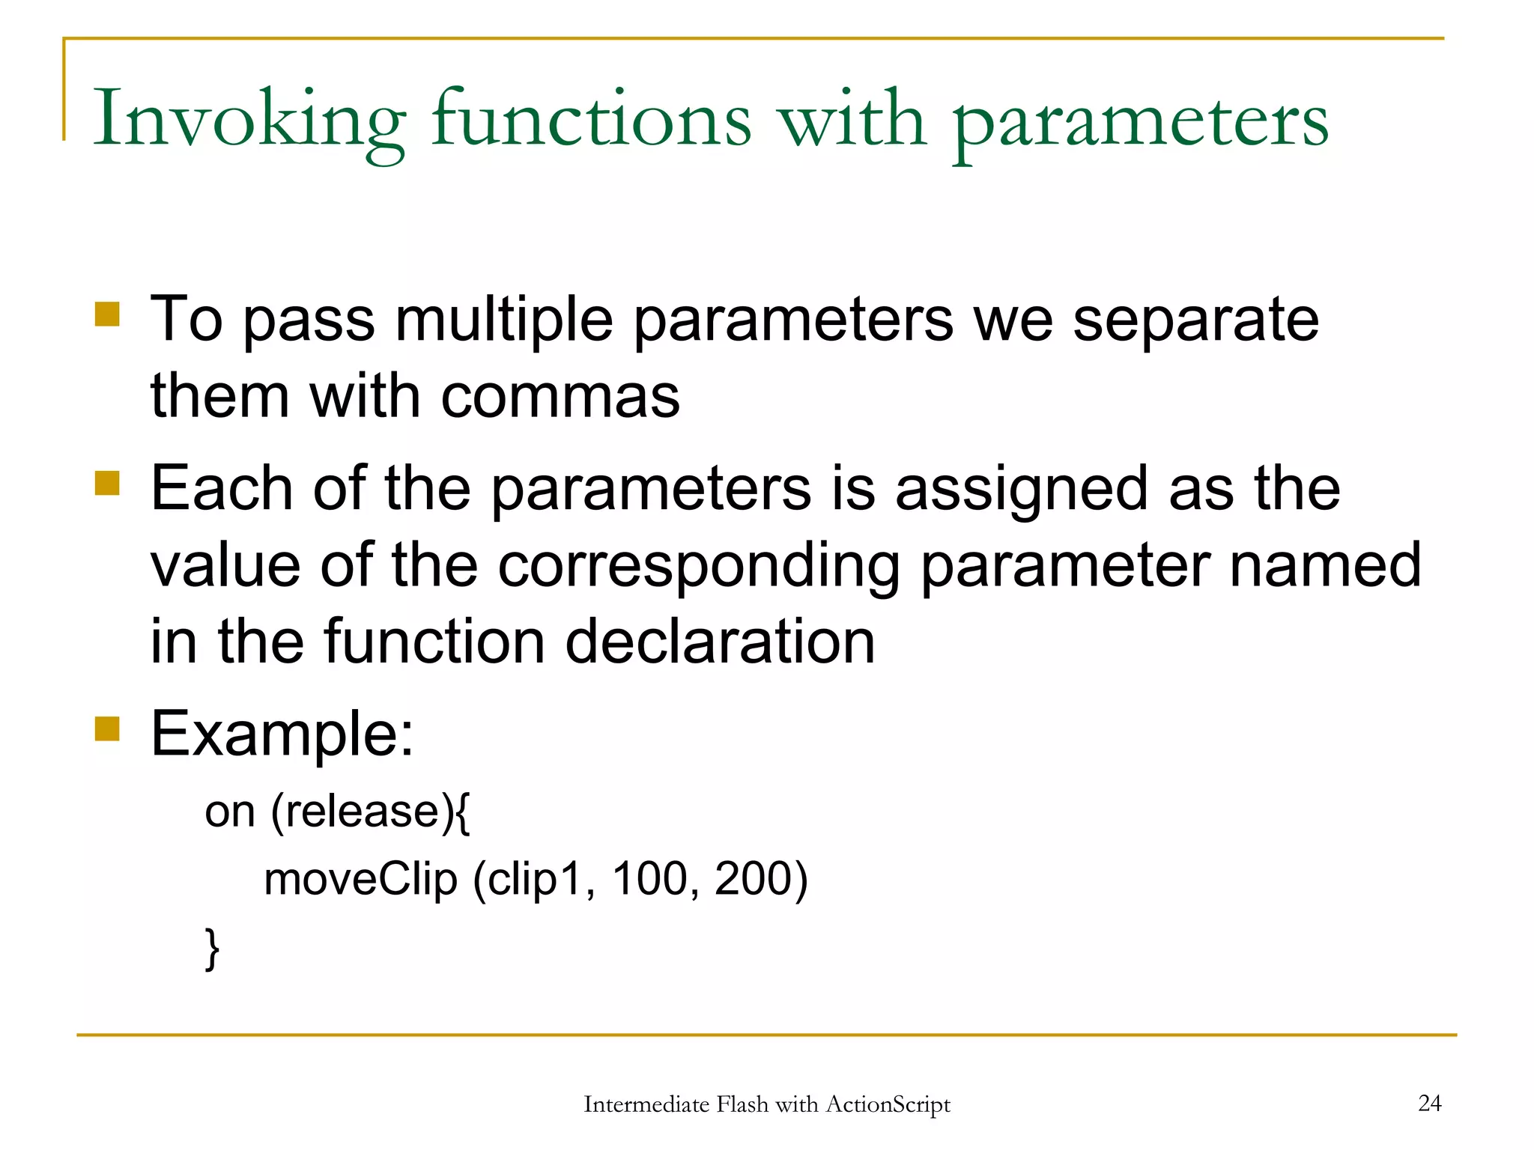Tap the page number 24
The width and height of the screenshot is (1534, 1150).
click(x=1429, y=1103)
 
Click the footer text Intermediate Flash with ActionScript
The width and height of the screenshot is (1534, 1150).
click(x=766, y=1104)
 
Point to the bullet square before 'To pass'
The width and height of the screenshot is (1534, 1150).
click(x=107, y=314)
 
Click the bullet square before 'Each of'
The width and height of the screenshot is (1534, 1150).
click(x=107, y=483)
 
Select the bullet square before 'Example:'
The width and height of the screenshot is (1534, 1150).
click(x=107, y=728)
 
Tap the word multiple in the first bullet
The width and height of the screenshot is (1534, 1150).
click(x=503, y=320)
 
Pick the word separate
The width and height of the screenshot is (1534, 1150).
click(x=1195, y=320)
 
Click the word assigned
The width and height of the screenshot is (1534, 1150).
click(x=1021, y=490)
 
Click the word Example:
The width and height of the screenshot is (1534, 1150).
click(x=282, y=734)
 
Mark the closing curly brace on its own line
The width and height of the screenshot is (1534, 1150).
click(x=212, y=949)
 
